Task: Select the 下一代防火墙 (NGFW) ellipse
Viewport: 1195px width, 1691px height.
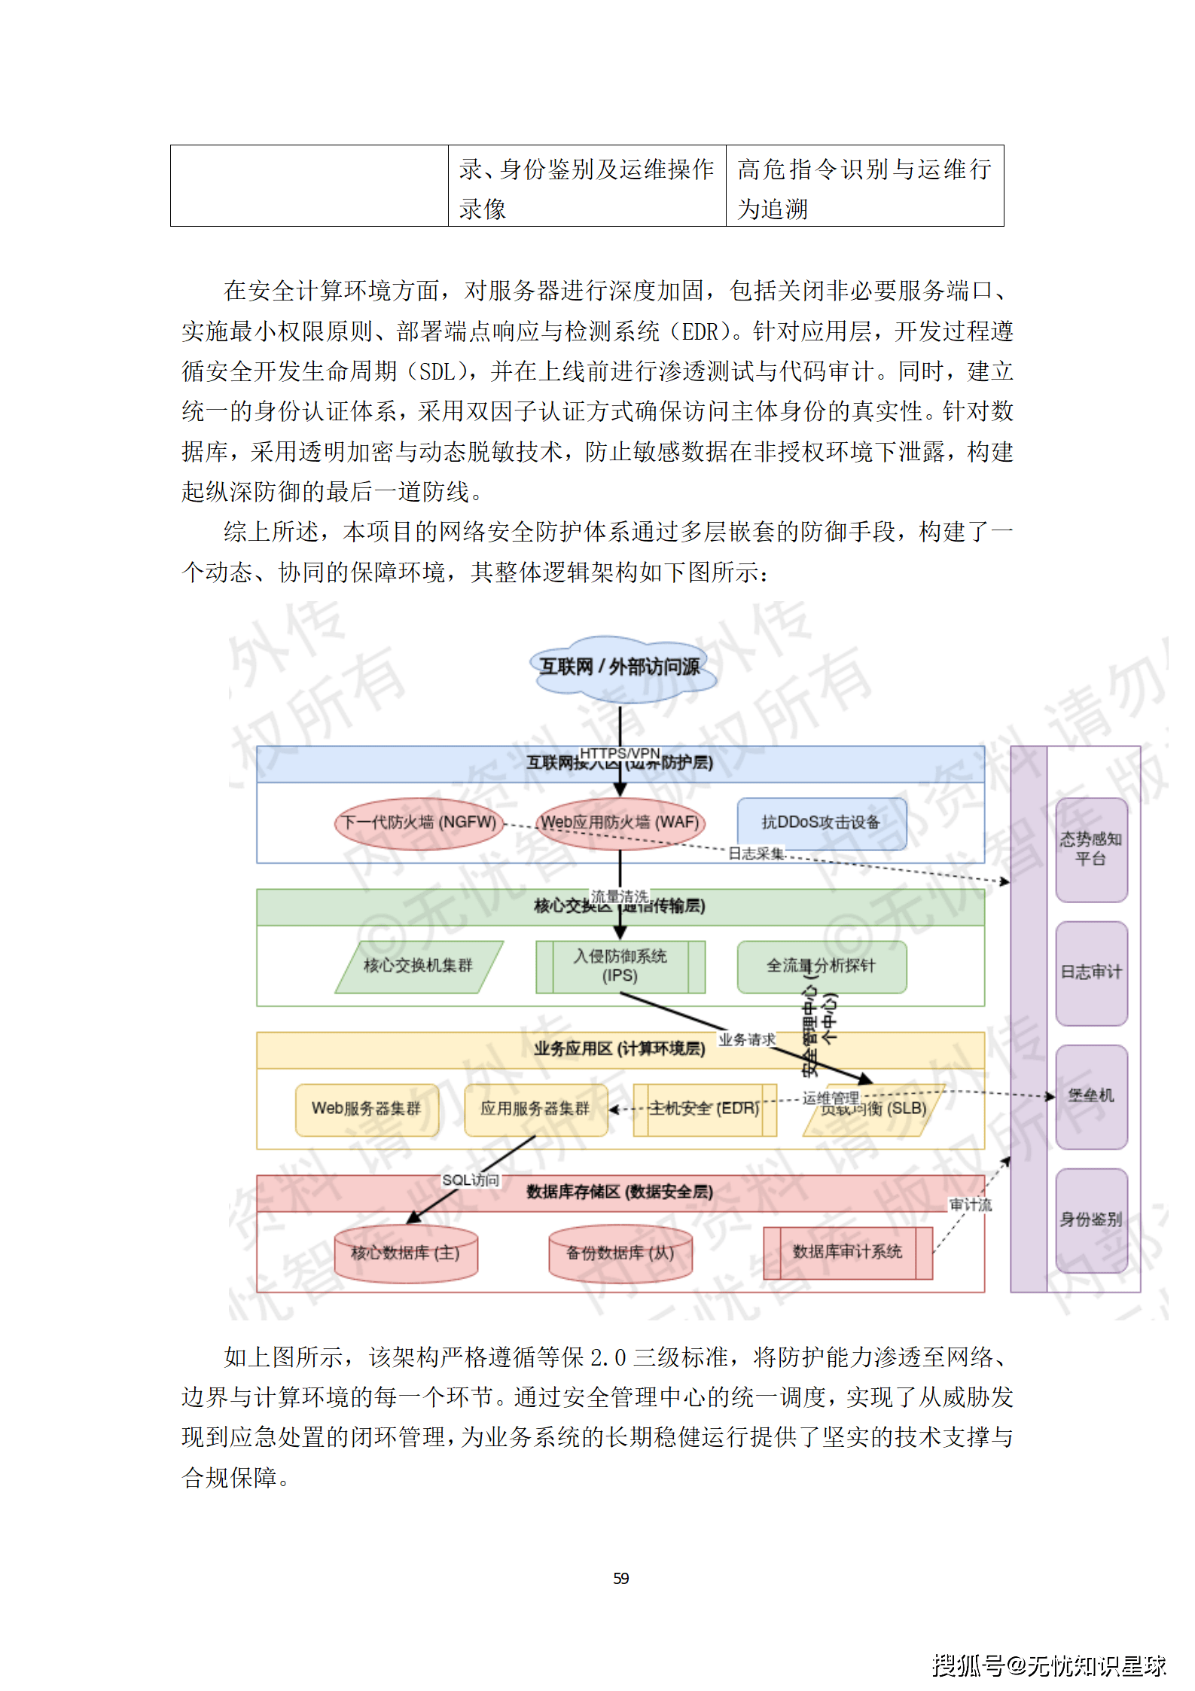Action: (x=419, y=823)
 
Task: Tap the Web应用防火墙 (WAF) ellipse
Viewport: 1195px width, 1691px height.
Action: (x=620, y=823)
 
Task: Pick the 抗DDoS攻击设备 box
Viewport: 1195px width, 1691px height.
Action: (x=821, y=823)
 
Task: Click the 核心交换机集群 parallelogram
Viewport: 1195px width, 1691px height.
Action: (x=419, y=966)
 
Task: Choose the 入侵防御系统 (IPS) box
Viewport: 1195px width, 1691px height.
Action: (x=620, y=966)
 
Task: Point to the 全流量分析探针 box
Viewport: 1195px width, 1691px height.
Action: (x=821, y=966)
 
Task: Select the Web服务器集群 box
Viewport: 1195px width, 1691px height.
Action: (x=367, y=1109)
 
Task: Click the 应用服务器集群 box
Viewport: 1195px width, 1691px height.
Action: (x=535, y=1109)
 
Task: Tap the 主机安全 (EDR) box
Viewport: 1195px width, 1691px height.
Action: (x=704, y=1109)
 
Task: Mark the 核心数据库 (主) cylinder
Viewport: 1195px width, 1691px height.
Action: (x=406, y=1253)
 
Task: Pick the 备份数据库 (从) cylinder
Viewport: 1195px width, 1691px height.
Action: (x=620, y=1253)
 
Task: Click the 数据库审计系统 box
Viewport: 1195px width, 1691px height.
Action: (x=847, y=1252)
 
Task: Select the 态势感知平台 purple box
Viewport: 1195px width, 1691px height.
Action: (x=1090, y=849)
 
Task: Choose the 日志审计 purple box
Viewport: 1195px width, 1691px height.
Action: (x=1090, y=972)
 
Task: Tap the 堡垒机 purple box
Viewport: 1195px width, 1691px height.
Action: (x=1090, y=1096)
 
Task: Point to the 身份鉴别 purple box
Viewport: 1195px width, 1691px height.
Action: (x=1090, y=1219)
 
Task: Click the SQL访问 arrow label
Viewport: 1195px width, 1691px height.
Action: (x=471, y=1180)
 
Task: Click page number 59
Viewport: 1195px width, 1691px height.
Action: (x=620, y=1578)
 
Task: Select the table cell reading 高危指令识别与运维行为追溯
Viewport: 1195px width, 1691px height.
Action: (x=864, y=187)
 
